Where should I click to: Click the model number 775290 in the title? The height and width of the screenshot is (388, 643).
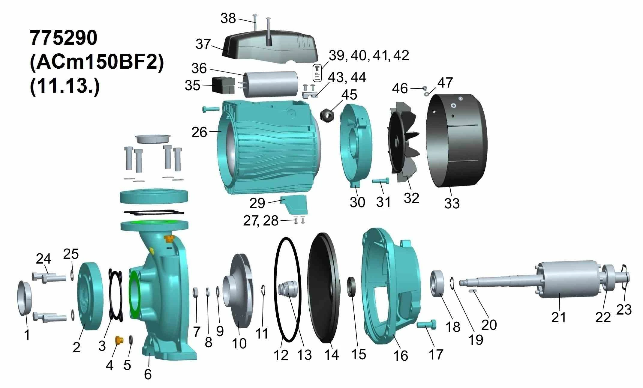tap(64, 38)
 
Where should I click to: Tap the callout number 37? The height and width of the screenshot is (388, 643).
tap(203, 44)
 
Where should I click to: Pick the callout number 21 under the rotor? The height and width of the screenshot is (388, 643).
tap(558, 317)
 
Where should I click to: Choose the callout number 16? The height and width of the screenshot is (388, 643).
tap(401, 356)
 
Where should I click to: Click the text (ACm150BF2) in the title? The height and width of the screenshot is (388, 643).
tap(97, 62)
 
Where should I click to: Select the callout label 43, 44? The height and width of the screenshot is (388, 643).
tap(347, 77)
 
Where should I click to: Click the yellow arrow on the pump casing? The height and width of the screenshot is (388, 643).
tap(152, 250)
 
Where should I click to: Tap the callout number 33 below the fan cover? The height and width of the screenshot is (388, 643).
tap(452, 203)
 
